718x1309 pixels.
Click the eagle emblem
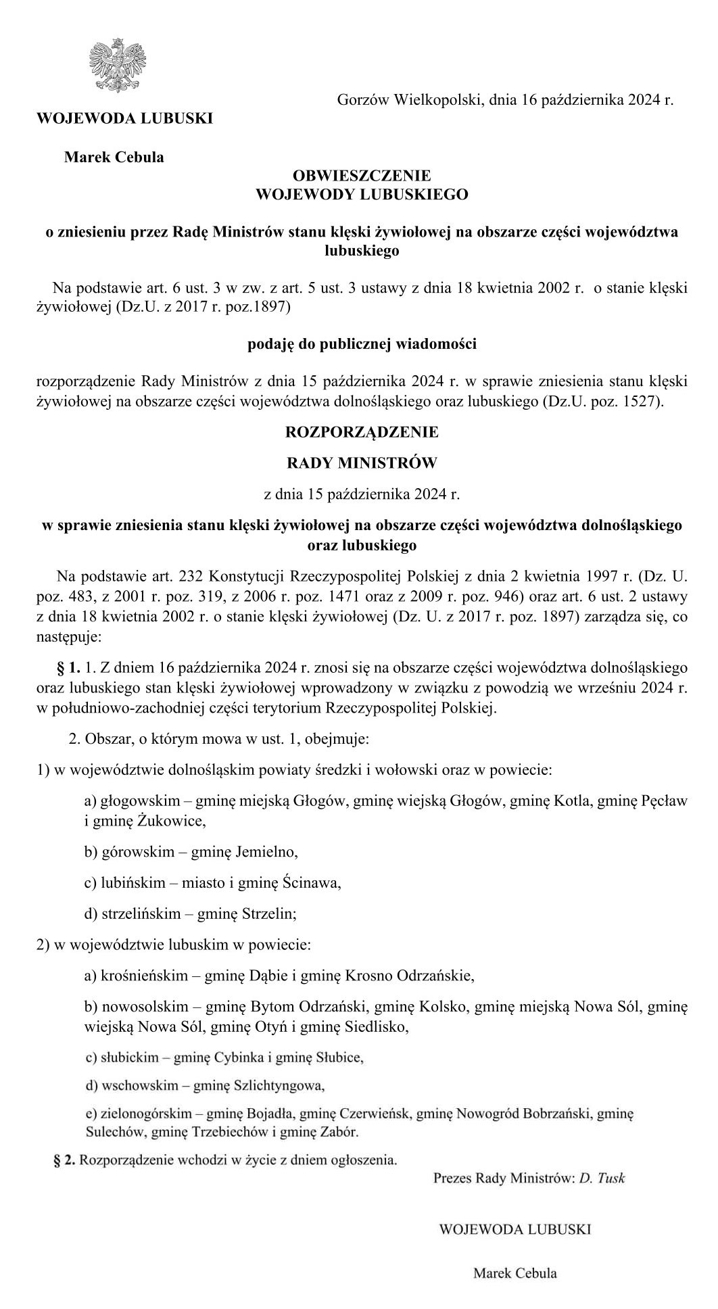(x=118, y=66)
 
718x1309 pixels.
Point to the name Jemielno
(x=266, y=853)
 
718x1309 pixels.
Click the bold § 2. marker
(x=65, y=1160)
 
